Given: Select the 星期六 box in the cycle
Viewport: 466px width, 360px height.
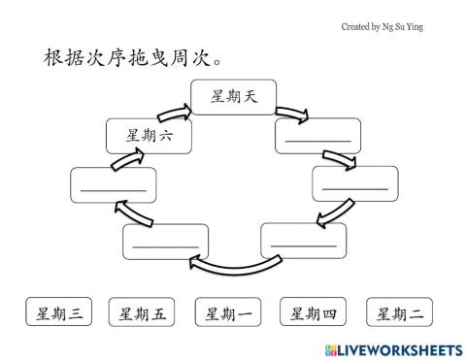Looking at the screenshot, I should click(148, 136).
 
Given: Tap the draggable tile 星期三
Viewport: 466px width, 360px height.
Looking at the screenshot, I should click(57, 312).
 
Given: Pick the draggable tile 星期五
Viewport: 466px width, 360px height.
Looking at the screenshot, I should click(142, 312).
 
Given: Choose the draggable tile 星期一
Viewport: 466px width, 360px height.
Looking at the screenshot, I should click(227, 312).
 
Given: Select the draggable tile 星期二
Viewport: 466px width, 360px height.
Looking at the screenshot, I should click(399, 312).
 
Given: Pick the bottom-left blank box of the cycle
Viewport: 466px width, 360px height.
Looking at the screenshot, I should click(165, 241).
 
